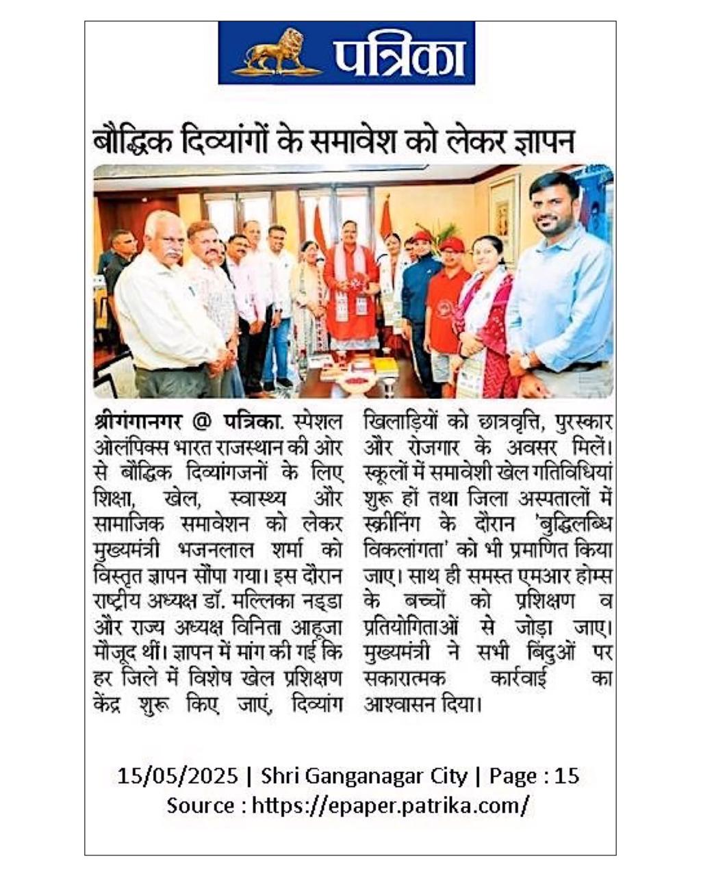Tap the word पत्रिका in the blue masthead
pyautogui.click(x=400, y=55)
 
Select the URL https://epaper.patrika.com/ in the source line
pyautogui.click(x=390, y=806)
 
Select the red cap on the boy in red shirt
pyautogui.click(x=451, y=244)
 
